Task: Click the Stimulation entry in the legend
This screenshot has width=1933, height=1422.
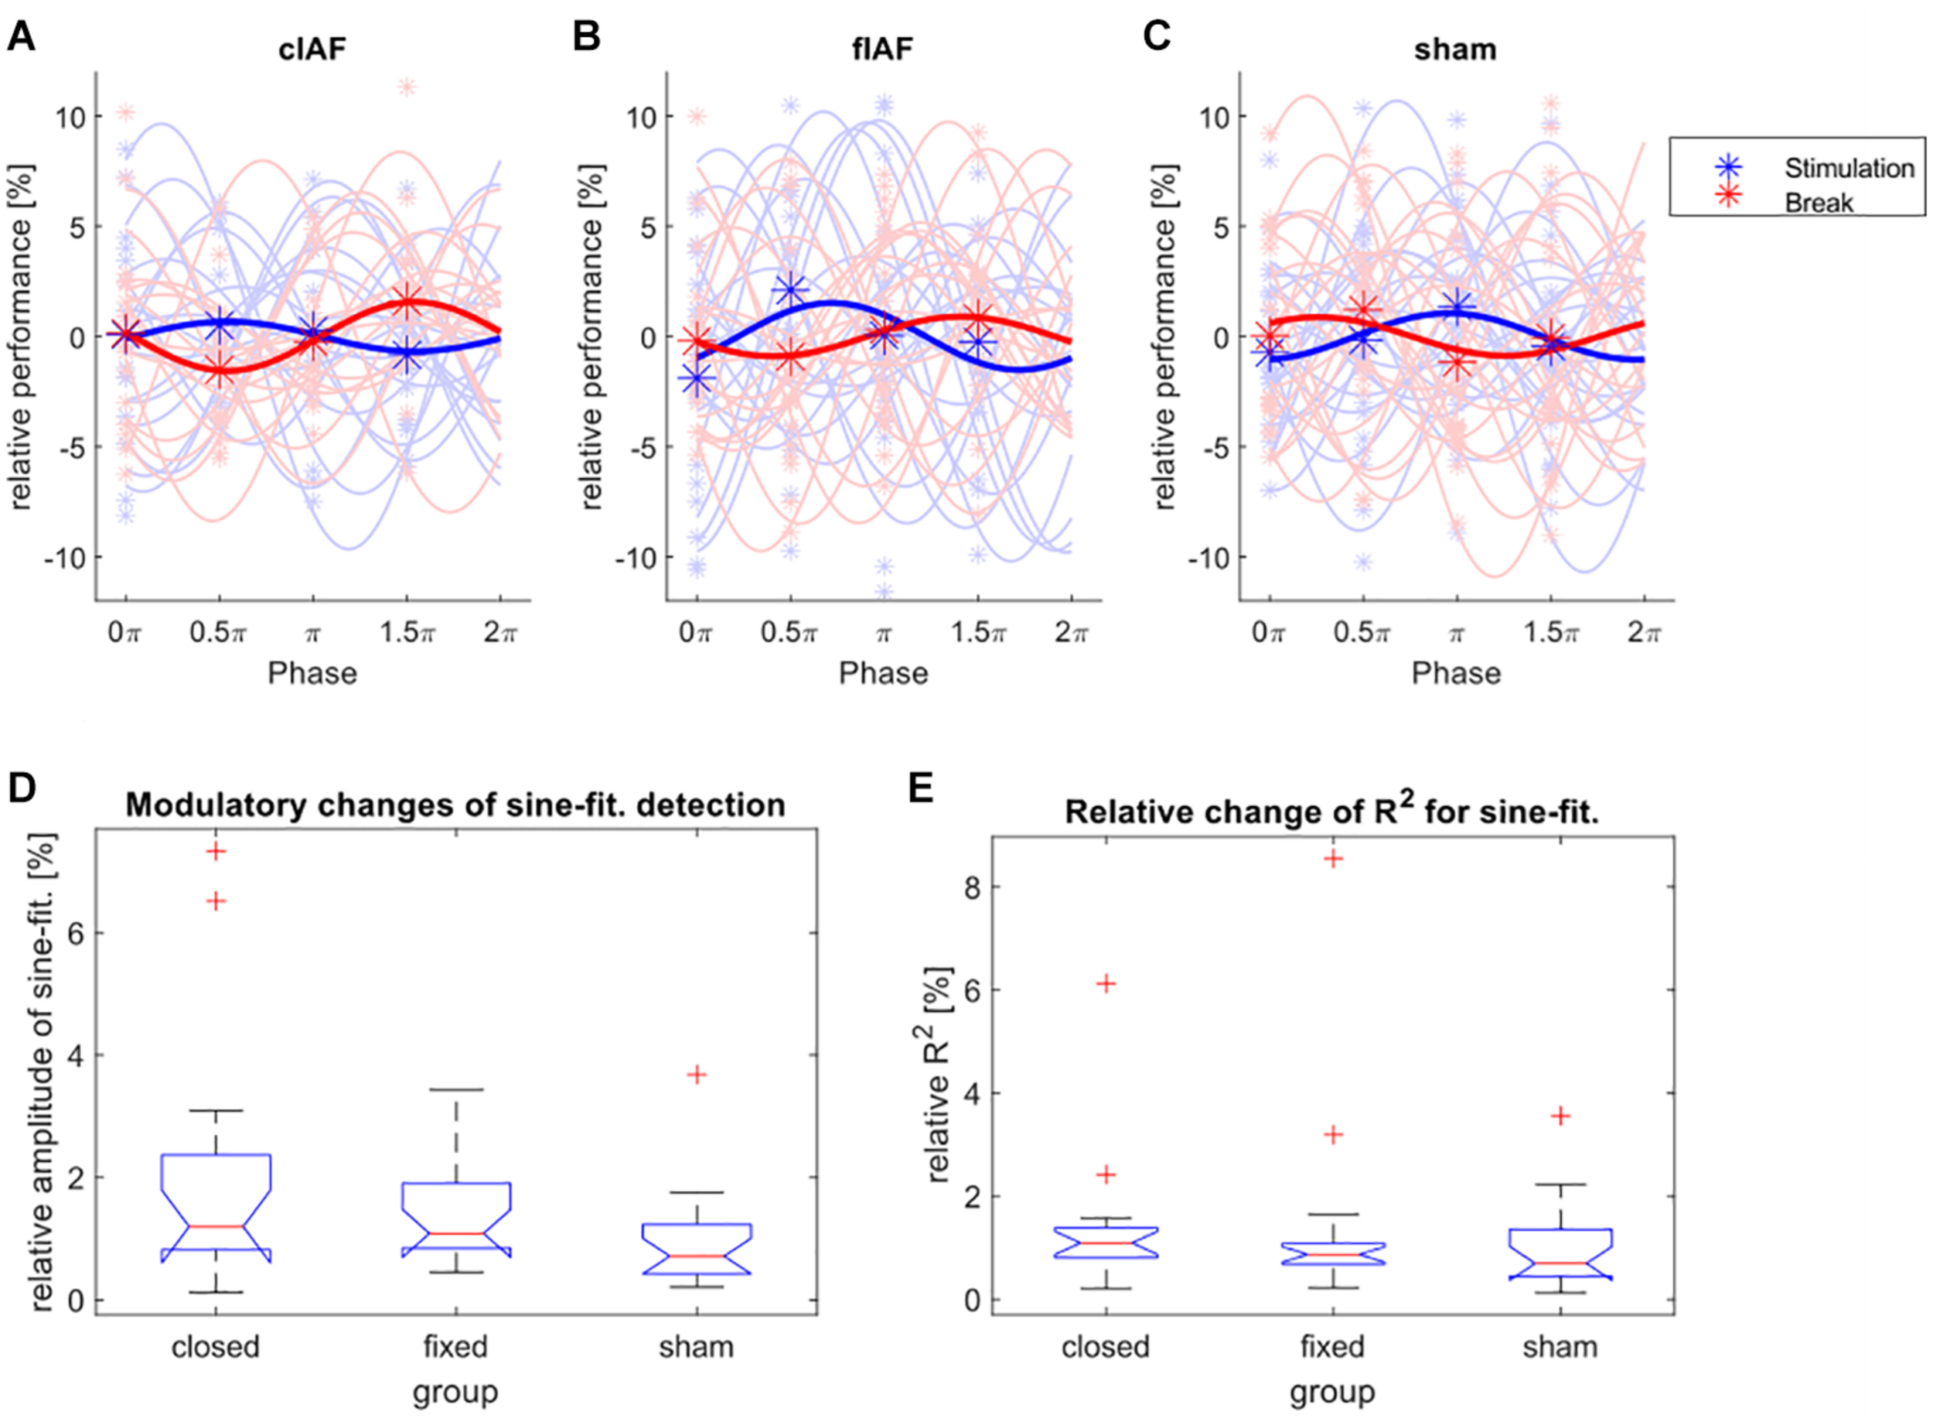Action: point(1848,168)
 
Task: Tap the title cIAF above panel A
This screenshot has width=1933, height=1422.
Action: point(312,49)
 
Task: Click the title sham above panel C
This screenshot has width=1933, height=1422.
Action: point(1454,49)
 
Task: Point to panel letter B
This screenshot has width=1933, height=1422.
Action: point(586,38)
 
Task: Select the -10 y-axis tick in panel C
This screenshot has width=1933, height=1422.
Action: point(1209,558)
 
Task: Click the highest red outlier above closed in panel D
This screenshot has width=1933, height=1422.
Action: point(216,851)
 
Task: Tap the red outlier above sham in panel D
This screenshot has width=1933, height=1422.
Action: point(697,1075)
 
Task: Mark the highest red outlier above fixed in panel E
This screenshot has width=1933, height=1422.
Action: point(1332,858)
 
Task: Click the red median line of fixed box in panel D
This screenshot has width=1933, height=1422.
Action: point(456,1233)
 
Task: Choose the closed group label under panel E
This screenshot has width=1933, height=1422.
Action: point(1106,1345)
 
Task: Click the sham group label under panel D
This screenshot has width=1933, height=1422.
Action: point(696,1345)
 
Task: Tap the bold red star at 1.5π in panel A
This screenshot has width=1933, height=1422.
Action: point(407,303)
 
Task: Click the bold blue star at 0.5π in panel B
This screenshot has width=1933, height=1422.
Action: point(789,290)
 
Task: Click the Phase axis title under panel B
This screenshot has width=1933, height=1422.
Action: point(884,673)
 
